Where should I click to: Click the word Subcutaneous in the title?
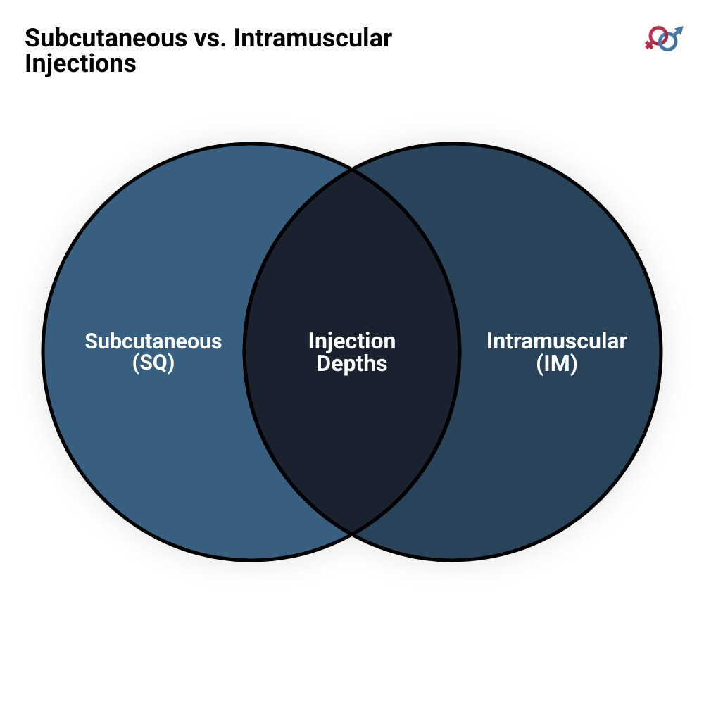[x=106, y=38]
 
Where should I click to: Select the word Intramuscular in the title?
[x=313, y=38]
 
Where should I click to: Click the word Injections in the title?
[x=80, y=64]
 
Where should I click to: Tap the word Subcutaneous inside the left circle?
[x=153, y=341]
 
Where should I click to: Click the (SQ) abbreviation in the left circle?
[x=153, y=363]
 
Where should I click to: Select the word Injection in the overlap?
[x=352, y=341]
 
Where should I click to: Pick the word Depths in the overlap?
[x=352, y=363]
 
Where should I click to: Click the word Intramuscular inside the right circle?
[x=557, y=341]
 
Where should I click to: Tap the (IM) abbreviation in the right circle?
[x=557, y=363]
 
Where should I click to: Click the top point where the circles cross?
[x=352, y=170]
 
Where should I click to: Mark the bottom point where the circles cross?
[x=352, y=534]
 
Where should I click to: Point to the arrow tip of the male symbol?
[x=681, y=28]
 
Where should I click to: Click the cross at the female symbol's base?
[x=649, y=44]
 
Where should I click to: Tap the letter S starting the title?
[x=32, y=38]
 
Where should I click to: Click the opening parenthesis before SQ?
[x=136, y=363]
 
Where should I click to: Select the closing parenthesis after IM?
[x=574, y=364]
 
